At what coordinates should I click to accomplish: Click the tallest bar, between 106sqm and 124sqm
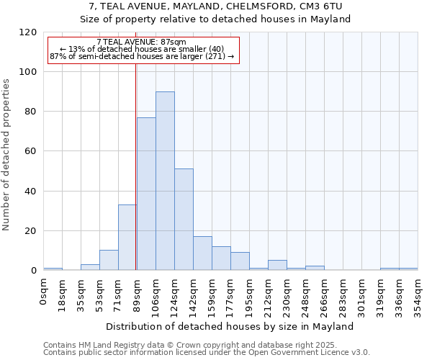coord(165,181)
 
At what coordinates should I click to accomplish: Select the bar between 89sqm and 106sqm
coord(146,194)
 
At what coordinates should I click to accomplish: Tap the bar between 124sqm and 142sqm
coord(184,220)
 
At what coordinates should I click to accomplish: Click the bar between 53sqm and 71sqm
coord(109,261)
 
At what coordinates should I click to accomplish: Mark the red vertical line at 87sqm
coord(135,166)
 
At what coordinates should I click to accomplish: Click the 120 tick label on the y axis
coord(28,32)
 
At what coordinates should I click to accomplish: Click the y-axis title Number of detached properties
coord(7,155)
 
